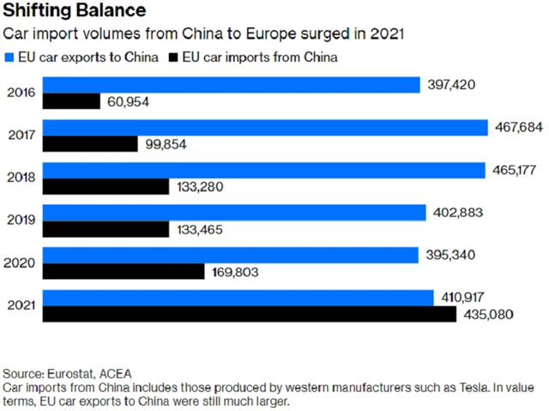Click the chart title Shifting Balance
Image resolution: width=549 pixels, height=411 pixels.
(75, 12)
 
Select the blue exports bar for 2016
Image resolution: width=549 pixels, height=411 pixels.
(232, 85)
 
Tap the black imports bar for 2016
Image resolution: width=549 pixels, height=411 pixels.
(72, 101)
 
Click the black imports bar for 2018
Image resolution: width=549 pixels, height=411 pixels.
(106, 186)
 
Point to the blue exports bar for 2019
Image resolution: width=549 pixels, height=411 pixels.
(235, 212)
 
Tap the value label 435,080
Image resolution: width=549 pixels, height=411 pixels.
(488, 314)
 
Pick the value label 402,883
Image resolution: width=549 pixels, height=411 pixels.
(457, 212)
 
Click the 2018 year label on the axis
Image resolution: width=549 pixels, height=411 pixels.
(20, 178)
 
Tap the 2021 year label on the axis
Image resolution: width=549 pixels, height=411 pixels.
(20, 305)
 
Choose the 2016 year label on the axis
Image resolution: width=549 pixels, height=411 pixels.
(20, 93)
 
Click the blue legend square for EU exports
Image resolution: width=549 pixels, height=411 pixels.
(9, 57)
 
